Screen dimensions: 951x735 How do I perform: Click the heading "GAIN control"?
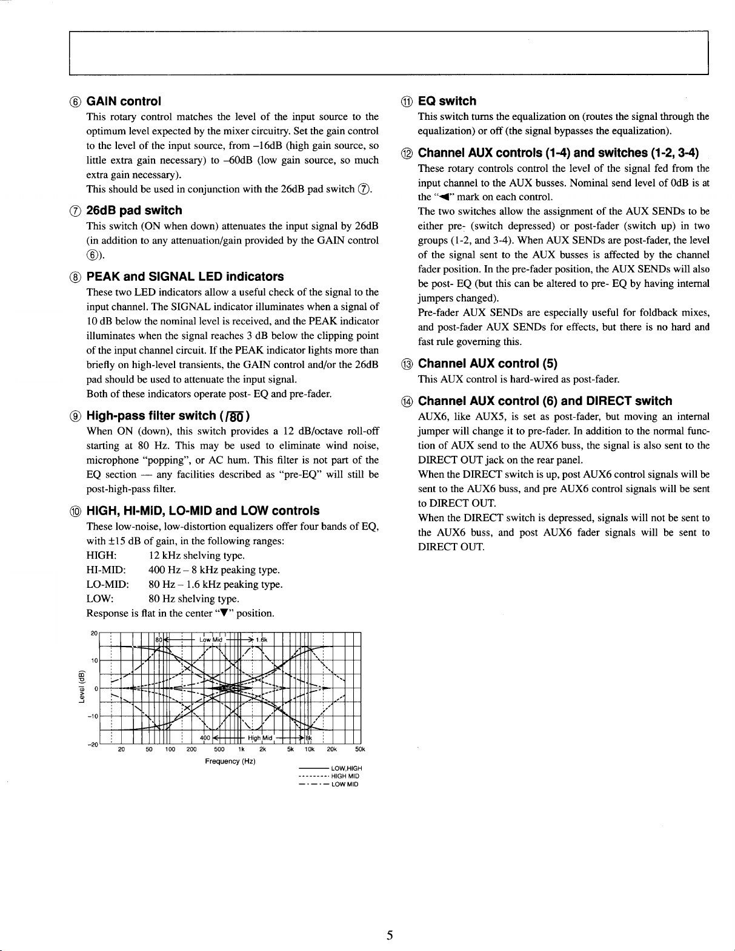click(124, 101)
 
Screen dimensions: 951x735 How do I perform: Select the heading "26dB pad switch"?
click(134, 210)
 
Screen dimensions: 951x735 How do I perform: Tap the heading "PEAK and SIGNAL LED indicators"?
click(185, 277)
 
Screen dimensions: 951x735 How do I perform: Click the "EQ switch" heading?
click(447, 101)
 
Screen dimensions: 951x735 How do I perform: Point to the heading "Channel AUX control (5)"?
click(488, 363)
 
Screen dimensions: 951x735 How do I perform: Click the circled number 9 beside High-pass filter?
click(75, 416)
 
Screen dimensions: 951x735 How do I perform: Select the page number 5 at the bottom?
click(390, 935)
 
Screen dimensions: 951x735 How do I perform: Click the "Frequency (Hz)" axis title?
click(230, 761)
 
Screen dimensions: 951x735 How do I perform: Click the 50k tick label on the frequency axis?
click(360, 749)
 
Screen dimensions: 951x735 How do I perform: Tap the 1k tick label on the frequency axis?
click(241, 749)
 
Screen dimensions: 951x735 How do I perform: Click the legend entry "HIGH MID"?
click(345, 776)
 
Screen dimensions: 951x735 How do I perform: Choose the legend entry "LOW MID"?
click(345, 785)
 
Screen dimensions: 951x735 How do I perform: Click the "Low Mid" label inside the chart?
click(211, 639)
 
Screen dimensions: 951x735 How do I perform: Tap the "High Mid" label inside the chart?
click(260, 738)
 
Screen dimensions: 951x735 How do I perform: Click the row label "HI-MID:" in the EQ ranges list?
click(106, 570)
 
